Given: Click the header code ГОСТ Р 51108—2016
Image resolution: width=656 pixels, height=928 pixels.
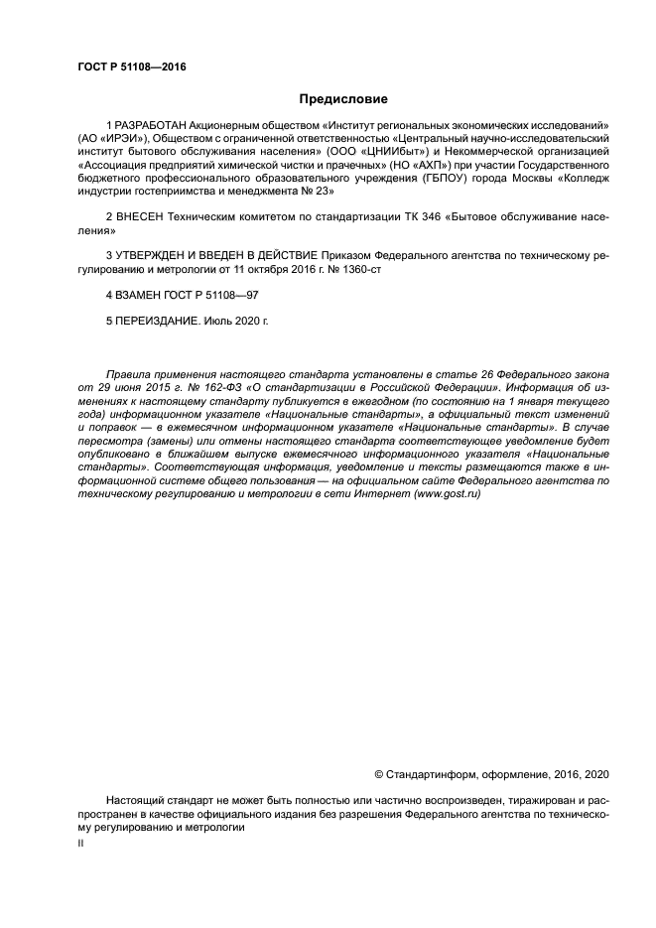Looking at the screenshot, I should (132, 67).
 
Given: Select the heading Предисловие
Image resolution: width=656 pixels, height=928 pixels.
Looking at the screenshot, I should (342, 99).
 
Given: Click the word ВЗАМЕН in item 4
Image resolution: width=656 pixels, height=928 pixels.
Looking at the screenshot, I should (138, 295).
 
